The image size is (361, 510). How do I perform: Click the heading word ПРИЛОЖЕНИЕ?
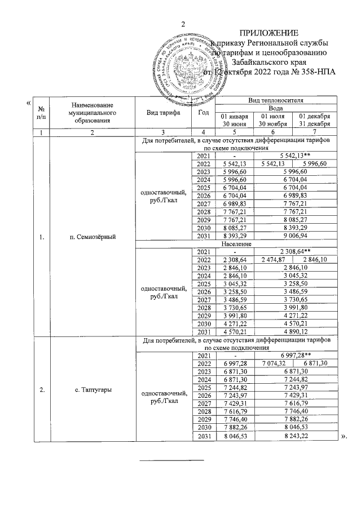[270, 33]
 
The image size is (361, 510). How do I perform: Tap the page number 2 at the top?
[182, 23]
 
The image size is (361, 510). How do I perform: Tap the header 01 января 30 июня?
[233, 120]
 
